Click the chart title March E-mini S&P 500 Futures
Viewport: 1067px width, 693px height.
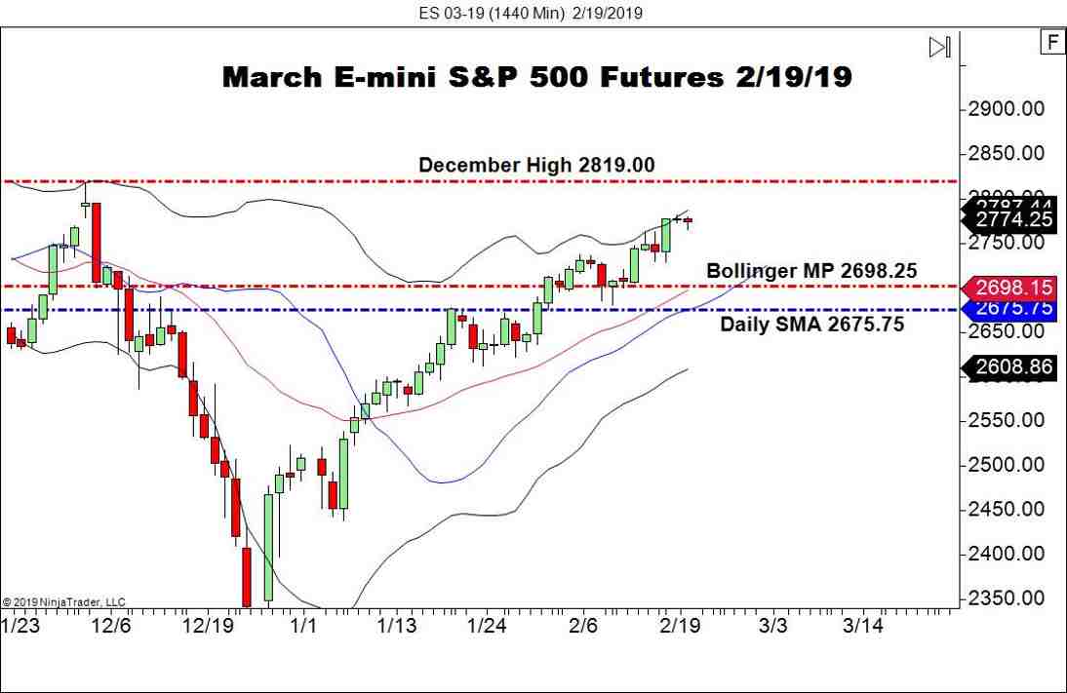pos(536,77)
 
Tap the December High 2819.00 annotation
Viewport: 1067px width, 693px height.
pos(535,166)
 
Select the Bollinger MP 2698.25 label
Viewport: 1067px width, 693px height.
pos(810,271)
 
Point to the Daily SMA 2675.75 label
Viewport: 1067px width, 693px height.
pos(811,324)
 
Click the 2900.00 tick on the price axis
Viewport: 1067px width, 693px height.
pos(1011,108)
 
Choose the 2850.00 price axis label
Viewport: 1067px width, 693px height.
pos(1011,153)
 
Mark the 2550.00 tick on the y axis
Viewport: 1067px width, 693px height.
pos(1011,420)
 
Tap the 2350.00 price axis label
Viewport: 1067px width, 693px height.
pos(1011,598)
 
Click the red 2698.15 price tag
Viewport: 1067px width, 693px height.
pos(1013,288)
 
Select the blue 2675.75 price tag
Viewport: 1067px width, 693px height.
pos(1013,307)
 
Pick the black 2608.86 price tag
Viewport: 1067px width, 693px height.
pos(1013,367)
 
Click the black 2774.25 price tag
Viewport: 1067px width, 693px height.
pos(1013,220)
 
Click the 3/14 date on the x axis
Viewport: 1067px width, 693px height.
pos(862,625)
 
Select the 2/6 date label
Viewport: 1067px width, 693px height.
pos(583,625)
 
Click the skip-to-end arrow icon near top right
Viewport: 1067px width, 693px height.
pos(939,47)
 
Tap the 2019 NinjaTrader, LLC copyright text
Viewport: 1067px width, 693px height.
pos(64,602)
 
